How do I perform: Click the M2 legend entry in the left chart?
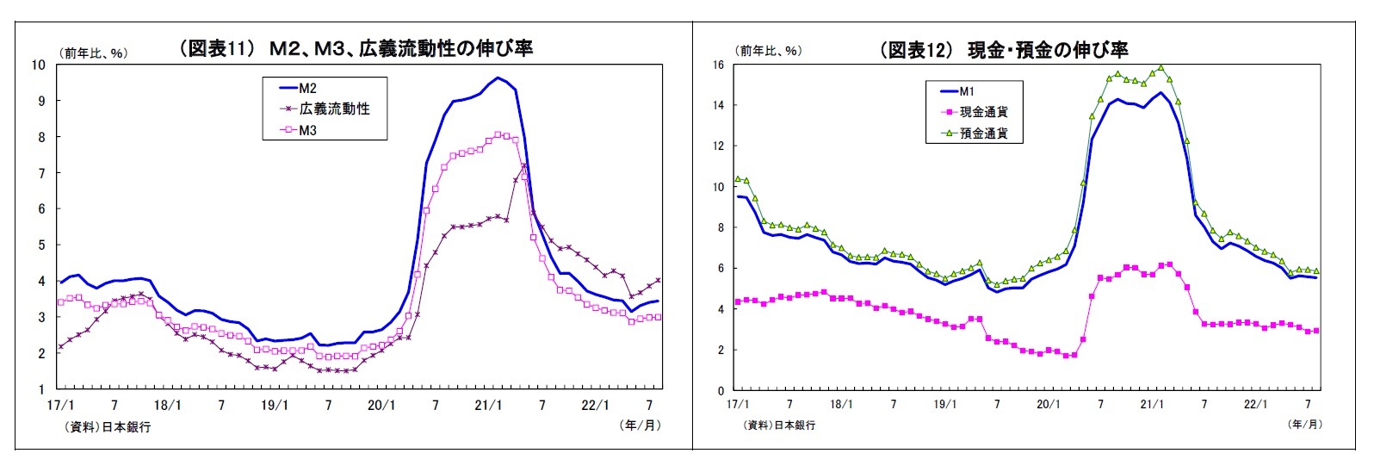click(308, 88)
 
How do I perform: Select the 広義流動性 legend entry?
click(334, 109)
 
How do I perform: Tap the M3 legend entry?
click(308, 130)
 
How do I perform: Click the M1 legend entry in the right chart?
click(967, 91)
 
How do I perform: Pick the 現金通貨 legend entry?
click(983, 112)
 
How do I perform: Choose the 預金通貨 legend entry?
click(983, 134)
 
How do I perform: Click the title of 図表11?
click(356, 48)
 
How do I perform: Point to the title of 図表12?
click(1003, 50)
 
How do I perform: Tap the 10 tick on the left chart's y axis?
click(39, 65)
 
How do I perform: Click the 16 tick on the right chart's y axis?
click(717, 65)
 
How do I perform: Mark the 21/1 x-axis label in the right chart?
click(1152, 404)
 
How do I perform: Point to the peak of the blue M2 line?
click(498, 78)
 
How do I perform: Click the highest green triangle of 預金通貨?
click(1160, 67)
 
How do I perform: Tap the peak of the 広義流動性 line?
click(524, 165)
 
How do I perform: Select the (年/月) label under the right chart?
click(1304, 424)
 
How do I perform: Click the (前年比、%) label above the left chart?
click(94, 53)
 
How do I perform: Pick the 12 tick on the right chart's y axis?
click(717, 146)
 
